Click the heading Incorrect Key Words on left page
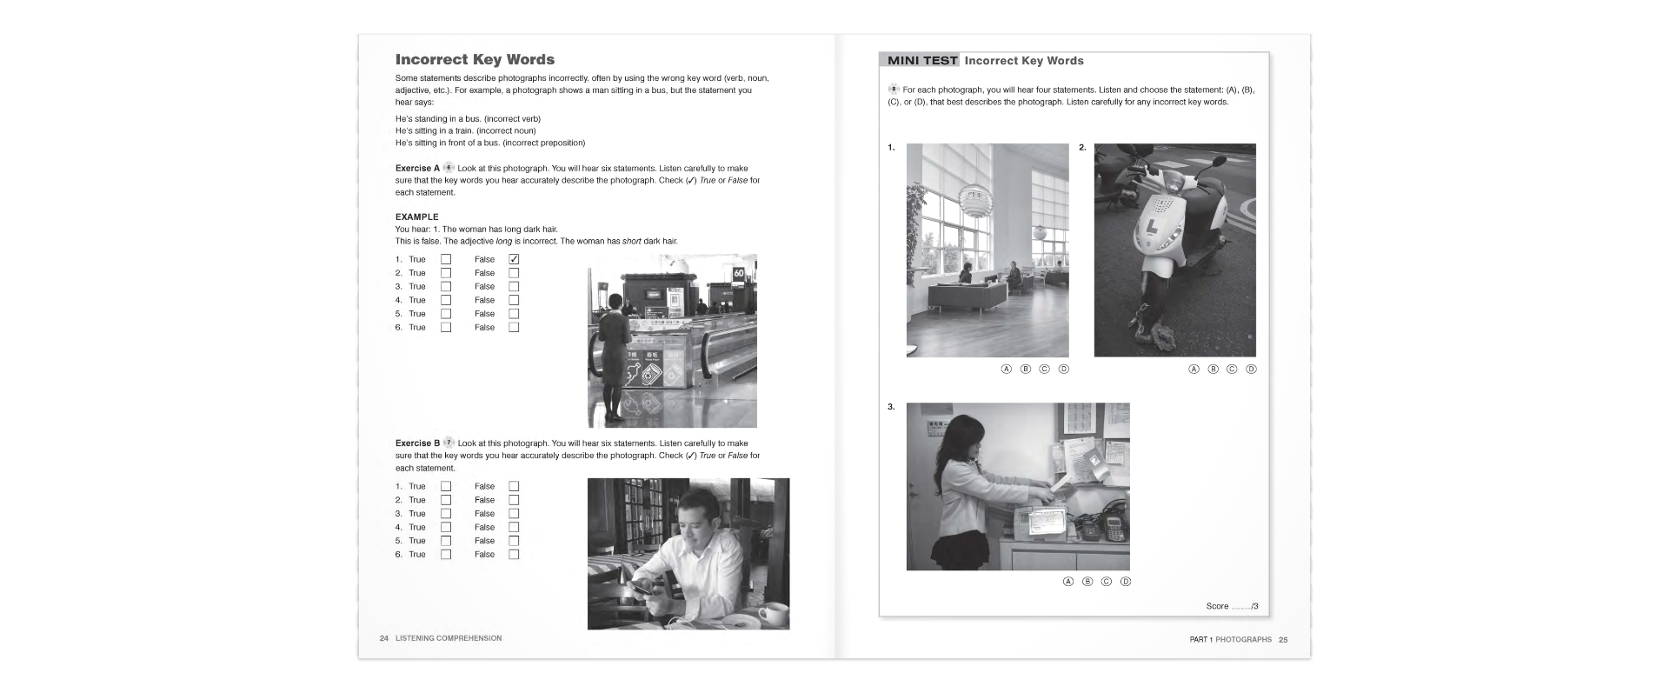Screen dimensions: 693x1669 pos(475,60)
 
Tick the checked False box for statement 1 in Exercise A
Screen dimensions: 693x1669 pos(514,259)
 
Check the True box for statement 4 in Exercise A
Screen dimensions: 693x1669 pos(446,300)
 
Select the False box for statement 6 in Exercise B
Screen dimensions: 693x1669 pos(514,555)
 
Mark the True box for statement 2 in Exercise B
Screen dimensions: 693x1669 pos(446,500)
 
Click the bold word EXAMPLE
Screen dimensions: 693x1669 pos(417,217)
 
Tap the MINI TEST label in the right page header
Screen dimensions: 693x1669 pos(922,61)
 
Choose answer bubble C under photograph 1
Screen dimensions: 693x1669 pos(1045,370)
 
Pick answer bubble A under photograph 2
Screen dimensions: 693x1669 pos(1194,370)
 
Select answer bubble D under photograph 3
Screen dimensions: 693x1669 pos(1126,582)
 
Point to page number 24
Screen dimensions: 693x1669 pos(383,639)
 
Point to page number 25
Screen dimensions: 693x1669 pos(1283,640)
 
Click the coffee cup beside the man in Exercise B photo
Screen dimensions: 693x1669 pos(770,614)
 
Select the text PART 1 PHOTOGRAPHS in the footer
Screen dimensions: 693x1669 pos(1230,640)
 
